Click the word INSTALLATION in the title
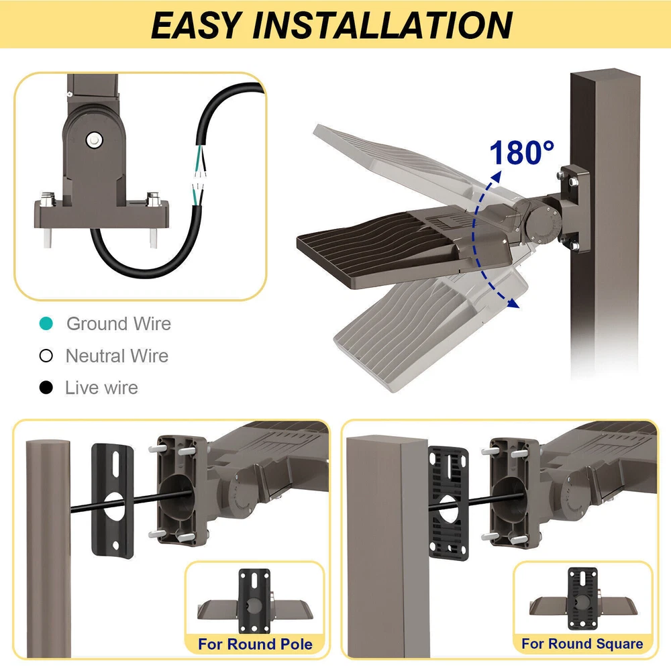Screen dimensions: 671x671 (382, 25)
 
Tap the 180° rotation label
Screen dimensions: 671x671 (521, 152)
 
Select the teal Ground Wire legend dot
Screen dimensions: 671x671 (46, 323)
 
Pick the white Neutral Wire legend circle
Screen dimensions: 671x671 (46, 356)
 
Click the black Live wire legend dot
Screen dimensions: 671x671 (46, 388)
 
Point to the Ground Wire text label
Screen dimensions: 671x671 (119, 323)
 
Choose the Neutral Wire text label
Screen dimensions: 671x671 (117, 356)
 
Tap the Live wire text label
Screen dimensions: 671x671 (101, 388)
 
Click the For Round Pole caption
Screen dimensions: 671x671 (255, 644)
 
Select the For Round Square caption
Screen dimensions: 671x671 (582, 643)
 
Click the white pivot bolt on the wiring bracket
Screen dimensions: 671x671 (94, 140)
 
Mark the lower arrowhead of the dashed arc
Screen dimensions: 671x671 (513, 303)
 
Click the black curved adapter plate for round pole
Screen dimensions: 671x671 (113, 501)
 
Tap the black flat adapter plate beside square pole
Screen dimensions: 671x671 (448, 503)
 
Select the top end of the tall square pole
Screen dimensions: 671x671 (605, 77)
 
